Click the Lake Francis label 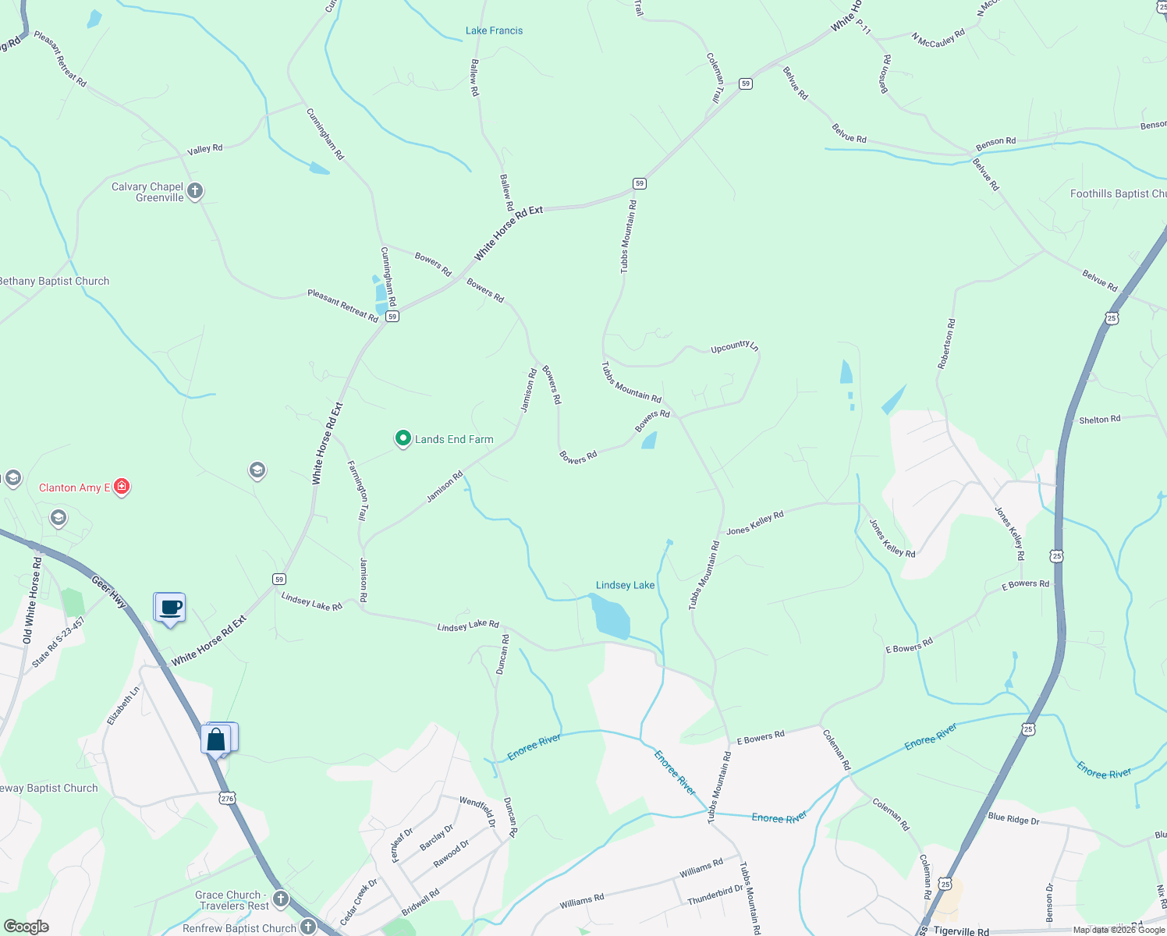click(x=494, y=31)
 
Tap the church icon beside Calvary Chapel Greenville click(x=195, y=190)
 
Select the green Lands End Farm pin click(x=403, y=439)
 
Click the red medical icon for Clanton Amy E click(x=121, y=487)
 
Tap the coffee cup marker click(x=170, y=608)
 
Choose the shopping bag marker click(x=216, y=739)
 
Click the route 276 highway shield click(x=227, y=799)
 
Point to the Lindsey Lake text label click(x=625, y=585)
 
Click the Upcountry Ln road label click(x=734, y=347)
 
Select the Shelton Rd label click(x=1099, y=420)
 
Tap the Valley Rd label click(x=205, y=148)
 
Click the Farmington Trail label click(x=358, y=491)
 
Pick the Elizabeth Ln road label click(x=123, y=704)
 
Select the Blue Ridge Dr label click(x=1013, y=819)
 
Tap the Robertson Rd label click(x=947, y=343)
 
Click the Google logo click(x=26, y=927)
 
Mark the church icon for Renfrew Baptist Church click(x=308, y=927)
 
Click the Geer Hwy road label click(x=108, y=592)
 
